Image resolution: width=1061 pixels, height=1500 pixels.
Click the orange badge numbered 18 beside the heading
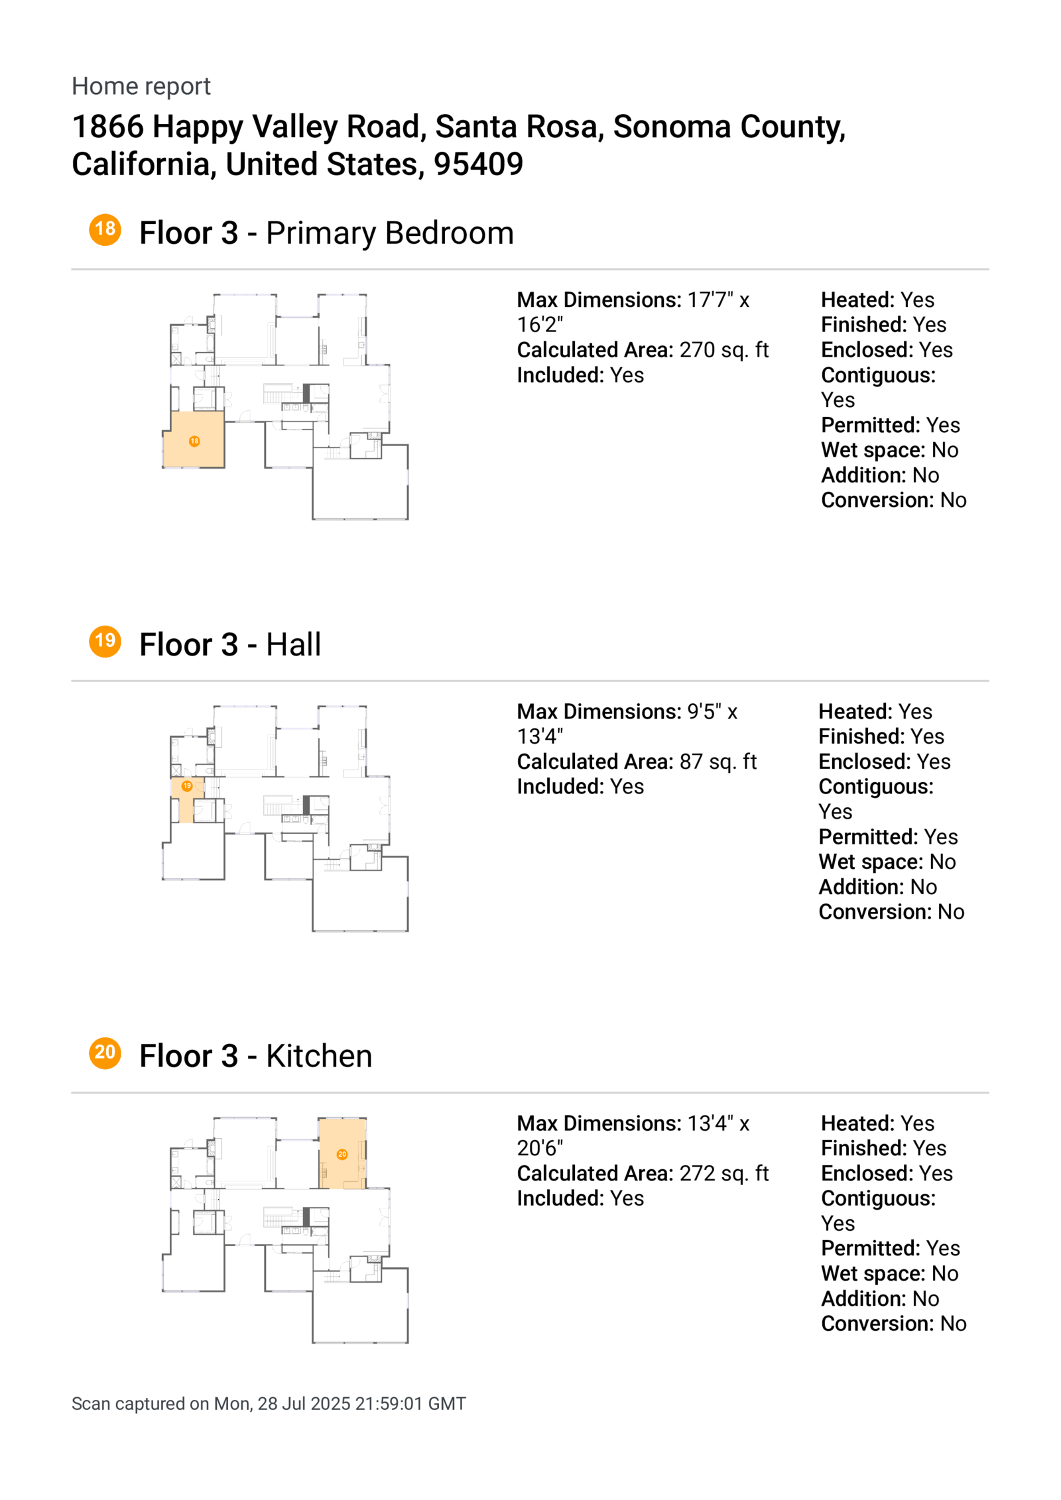coord(105,230)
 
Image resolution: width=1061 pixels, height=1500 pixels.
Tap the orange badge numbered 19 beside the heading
coord(105,642)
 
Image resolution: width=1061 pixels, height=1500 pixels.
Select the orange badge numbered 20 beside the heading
coord(105,1053)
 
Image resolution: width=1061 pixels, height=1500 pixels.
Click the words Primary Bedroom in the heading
coord(389,233)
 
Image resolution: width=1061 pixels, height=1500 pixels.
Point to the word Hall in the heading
coord(293,645)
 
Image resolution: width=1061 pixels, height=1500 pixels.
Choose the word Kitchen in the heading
coord(319,1057)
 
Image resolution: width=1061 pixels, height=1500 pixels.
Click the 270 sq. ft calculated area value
coord(723,350)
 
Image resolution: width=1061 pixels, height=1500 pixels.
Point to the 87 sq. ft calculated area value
coord(718,762)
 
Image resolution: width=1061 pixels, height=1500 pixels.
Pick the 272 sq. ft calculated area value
coord(723,1173)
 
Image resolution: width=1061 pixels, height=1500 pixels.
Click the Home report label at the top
coord(141,86)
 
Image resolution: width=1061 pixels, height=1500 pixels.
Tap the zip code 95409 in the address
coord(478,164)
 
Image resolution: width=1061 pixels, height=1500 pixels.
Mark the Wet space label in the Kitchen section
coord(872,1273)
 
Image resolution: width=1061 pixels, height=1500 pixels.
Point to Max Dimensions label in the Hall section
coord(599,712)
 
